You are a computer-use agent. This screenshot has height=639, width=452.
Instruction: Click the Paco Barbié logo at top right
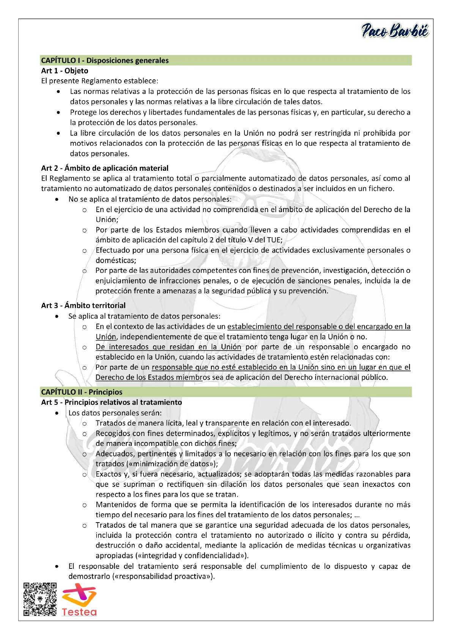click(395, 30)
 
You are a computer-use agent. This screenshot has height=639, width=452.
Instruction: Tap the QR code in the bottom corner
click(40, 599)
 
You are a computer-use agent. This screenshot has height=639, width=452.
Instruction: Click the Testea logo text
click(79, 612)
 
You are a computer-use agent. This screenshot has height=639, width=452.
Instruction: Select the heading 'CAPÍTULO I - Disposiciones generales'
click(105, 60)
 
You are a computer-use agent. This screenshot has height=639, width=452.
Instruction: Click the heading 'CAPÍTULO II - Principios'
click(82, 392)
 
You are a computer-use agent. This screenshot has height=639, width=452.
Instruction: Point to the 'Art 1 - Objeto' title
click(65, 71)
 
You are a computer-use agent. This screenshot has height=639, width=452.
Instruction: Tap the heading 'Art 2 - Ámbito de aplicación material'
click(105, 168)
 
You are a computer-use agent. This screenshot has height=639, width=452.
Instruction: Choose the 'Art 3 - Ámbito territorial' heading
click(83, 305)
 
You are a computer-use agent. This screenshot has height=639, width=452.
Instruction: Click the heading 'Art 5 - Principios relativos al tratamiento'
click(112, 402)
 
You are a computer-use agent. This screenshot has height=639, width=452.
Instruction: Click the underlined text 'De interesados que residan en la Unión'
click(168, 347)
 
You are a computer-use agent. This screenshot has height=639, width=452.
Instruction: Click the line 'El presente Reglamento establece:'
click(100, 81)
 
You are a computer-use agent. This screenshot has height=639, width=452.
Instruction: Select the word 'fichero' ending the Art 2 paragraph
click(380, 189)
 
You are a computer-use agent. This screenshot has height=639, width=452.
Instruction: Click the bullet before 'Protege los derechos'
click(58, 112)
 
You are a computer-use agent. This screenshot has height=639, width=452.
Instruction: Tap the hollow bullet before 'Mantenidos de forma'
click(85, 505)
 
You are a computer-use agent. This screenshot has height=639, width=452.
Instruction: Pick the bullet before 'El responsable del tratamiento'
click(57, 567)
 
